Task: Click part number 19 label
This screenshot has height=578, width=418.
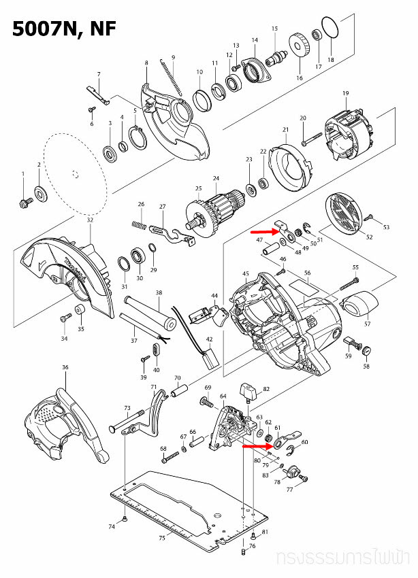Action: pyautogui.click(x=345, y=93)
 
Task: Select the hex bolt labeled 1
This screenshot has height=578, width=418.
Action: pyautogui.click(x=24, y=202)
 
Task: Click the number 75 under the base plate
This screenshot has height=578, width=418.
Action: pyautogui.click(x=161, y=538)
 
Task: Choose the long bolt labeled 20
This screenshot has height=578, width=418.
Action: pyautogui.click(x=310, y=141)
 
